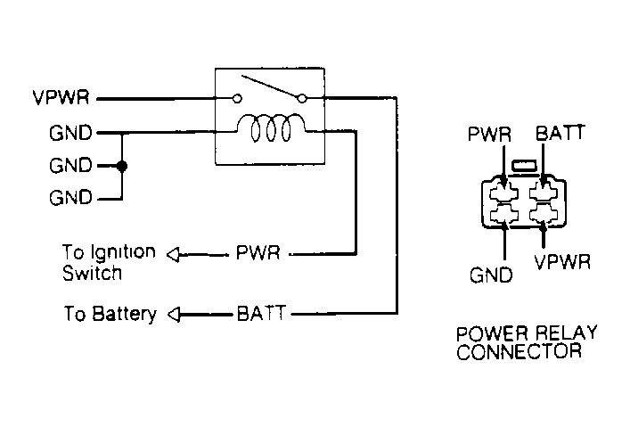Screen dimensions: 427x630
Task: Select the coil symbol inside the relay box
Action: point(271,130)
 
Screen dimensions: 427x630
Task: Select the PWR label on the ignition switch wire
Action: point(258,254)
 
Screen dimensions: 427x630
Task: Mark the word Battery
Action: point(131,314)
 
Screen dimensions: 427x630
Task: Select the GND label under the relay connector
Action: point(491,275)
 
